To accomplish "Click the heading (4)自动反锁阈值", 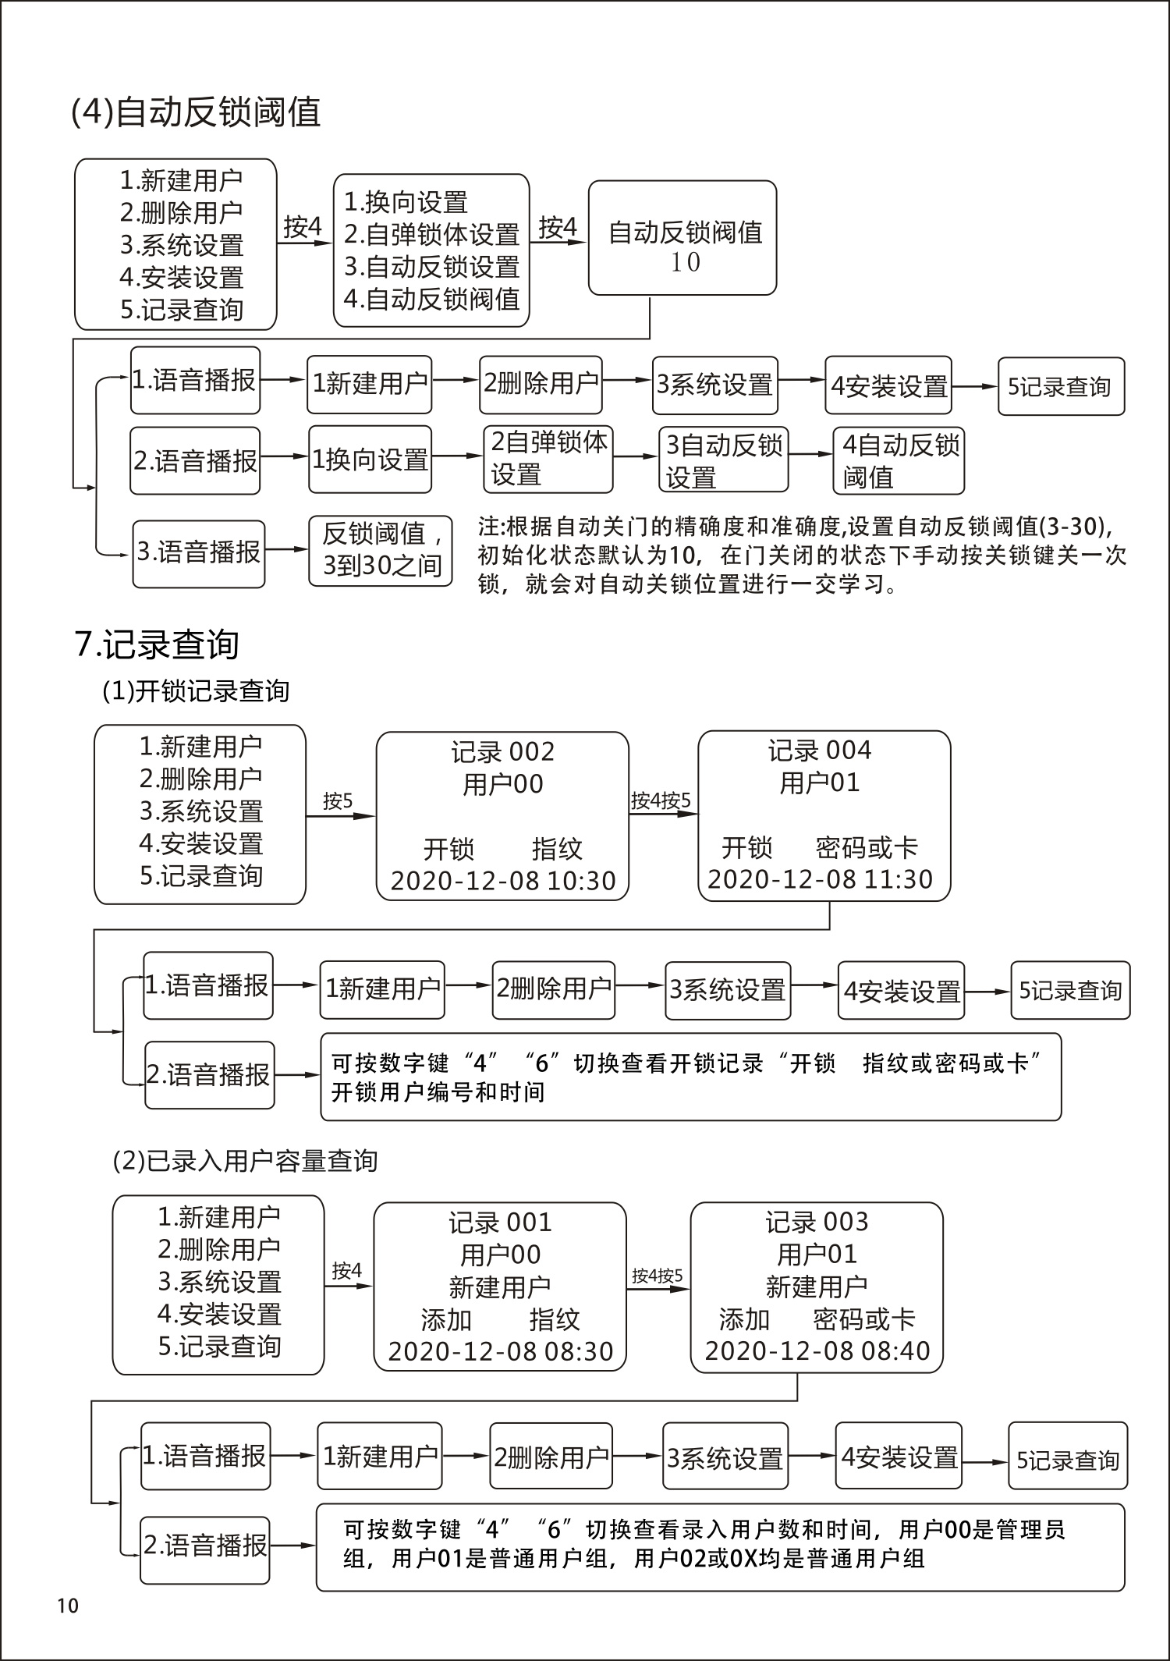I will (x=196, y=112).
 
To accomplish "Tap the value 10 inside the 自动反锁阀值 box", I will (x=685, y=263).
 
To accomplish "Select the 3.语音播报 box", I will (x=199, y=552).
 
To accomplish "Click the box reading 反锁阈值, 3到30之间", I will (x=381, y=550).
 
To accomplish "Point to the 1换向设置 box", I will (x=370, y=460).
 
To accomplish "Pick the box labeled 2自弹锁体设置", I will (x=548, y=459).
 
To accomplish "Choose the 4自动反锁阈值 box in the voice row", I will (x=899, y=460).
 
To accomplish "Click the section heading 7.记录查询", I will (x=157, y=644).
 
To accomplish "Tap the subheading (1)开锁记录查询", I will (x=196, y=691).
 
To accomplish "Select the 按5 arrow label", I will (x=338, y=801).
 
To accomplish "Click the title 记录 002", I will (x=502, y=752).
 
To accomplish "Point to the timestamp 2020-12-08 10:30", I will (x=503, y=881).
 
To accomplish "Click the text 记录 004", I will (x=820, y=751).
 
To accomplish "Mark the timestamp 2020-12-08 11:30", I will (x=820, y=879).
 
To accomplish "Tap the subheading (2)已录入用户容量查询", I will (x=246, y=1162).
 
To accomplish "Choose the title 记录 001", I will (x=500, y=1223).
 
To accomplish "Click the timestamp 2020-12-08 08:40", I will (x=817, y=1350).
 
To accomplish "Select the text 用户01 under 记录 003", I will (x=817, y=1254).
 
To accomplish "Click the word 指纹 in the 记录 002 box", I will (x=557, y=849).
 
